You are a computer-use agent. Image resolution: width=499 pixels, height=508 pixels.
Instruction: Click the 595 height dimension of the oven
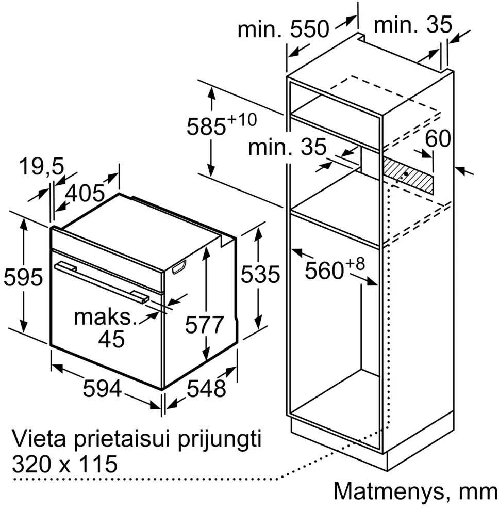tap(23, 277)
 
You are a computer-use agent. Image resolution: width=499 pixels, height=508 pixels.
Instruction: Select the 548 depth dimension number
tap(206, 388)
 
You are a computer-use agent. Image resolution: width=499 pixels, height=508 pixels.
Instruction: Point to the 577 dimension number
tap(204, 324)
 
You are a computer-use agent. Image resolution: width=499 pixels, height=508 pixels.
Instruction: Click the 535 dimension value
tap(260, 274)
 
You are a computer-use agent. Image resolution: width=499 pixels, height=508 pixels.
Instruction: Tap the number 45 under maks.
tap(111, 339)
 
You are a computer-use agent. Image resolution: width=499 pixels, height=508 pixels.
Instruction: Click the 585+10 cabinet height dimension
tap(222, 124)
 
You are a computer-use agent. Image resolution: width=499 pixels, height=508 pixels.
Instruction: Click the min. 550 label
tap(284, 29)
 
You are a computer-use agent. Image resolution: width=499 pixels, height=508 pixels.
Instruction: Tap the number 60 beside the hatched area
tap(438, 138)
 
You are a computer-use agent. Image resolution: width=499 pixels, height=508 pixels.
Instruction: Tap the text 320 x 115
tap(64, 464)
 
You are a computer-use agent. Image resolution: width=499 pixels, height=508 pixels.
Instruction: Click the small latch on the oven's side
tap(180, 267)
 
